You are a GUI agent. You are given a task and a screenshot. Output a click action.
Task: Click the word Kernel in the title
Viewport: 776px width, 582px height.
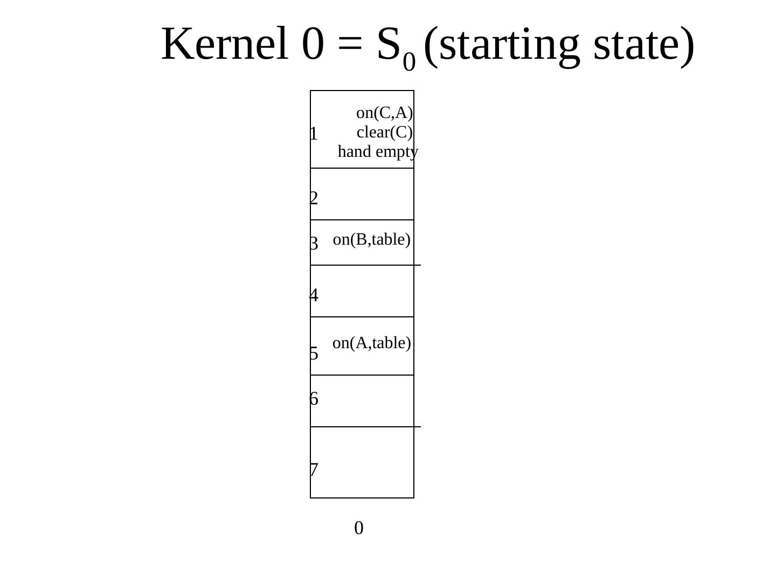[225, 44]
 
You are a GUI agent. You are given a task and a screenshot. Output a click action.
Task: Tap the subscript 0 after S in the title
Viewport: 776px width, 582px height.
[410, 63]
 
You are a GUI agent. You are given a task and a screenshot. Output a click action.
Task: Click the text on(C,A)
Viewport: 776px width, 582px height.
[384, 113]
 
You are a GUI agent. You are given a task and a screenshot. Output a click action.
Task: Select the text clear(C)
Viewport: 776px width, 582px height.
[384, 133]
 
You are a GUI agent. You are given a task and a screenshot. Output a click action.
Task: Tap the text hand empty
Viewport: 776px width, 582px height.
[378, 152]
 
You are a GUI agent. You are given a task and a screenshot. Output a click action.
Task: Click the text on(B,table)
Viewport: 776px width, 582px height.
[372, 240]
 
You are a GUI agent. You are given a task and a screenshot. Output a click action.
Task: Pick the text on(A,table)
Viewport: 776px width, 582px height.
[372, 343]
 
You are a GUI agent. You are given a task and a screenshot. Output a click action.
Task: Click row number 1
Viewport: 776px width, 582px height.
[314, 134]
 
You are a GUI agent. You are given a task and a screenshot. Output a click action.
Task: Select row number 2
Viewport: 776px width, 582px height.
[314, 199]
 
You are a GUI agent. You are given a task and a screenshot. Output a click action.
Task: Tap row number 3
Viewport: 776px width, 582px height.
[314, 244]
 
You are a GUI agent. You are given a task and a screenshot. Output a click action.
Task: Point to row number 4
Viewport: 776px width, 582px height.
[314, 296]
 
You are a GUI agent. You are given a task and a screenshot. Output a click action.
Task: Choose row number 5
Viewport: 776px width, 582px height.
[314, 354]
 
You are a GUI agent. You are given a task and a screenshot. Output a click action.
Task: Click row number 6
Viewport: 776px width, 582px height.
[314, 399]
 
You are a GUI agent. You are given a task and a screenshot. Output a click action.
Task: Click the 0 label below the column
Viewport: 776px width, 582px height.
[359, 529]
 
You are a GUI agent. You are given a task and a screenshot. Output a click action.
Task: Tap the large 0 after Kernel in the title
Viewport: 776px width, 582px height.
[313, 44]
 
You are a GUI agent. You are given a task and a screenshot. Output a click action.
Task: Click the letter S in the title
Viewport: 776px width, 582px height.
[389, 44]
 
